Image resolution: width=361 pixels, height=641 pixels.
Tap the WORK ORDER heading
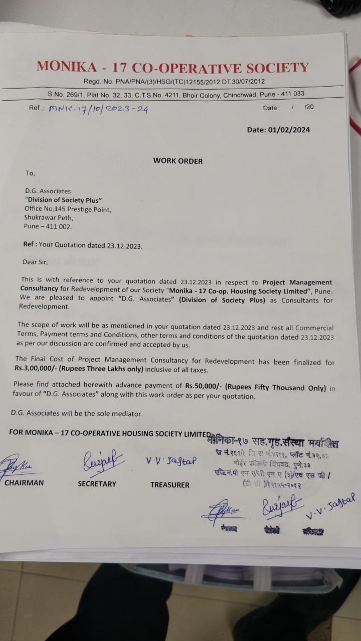point(178,161)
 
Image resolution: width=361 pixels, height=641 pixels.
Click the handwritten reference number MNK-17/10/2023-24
point(98,109)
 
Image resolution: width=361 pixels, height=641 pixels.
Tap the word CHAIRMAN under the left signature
point(24,483)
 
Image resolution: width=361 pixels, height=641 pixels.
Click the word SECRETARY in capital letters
point(97,484)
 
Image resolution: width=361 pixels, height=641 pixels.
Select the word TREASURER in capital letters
point(169,485)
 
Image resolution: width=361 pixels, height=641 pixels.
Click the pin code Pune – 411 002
point(48,226)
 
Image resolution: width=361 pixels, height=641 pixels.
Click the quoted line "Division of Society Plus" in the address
point(64,200)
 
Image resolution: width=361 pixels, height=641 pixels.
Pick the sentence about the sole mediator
point(77,414)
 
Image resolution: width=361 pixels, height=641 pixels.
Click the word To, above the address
point(30,173)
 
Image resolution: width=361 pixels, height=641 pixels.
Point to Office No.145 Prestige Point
point(68,209)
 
